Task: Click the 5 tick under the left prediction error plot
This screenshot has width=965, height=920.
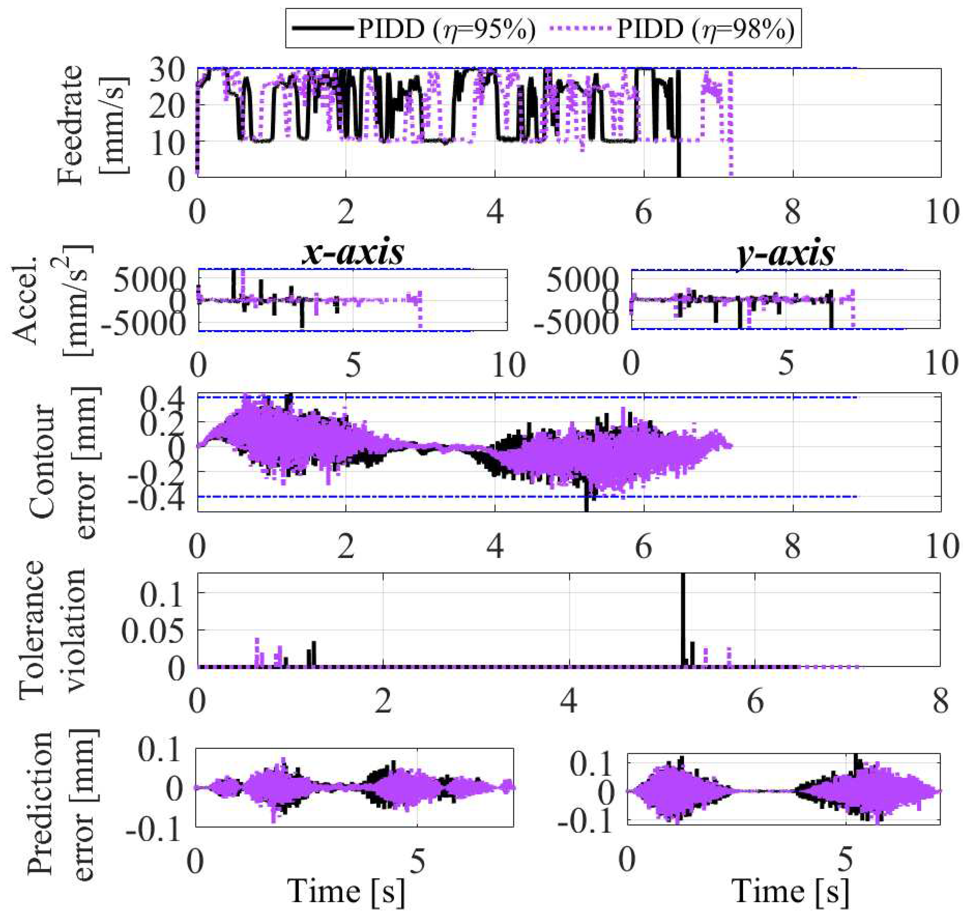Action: pos(417,861)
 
